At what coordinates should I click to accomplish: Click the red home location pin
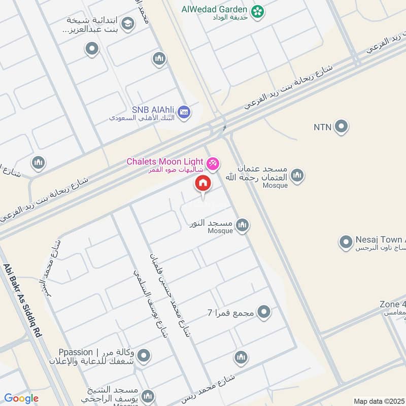coord(202,184)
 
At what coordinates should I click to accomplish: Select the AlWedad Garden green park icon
coord(258,10)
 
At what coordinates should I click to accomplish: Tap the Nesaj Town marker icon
coord(346,242)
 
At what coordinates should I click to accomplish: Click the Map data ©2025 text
coord(378,401)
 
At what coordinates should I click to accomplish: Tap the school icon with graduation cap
coord(128,23)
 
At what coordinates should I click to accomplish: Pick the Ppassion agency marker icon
coord(144,356)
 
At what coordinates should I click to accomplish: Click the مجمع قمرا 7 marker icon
coord(263,312)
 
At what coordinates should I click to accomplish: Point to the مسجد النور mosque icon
coord(243,225)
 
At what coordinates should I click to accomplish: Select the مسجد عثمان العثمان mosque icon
coord(297,176)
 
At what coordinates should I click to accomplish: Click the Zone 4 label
coord(392,304)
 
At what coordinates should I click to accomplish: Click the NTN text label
coord(322,126)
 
